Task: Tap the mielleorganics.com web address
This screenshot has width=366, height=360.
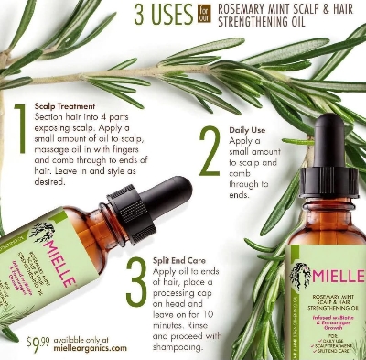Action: (89, 349)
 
